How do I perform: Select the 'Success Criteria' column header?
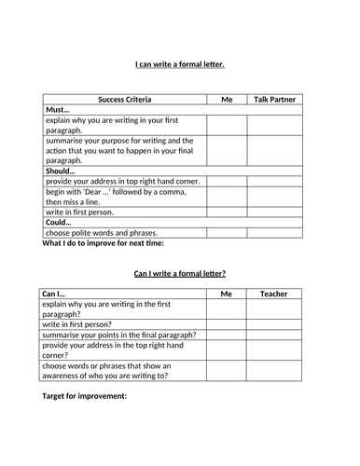(x=124, y=99)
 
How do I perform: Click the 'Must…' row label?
(x=59, y=110)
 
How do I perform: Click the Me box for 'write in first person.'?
(x=226, y=211)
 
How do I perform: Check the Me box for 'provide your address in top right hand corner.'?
(x=226, y=181)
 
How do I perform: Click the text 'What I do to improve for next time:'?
(x=103, y=244)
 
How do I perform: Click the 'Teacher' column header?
(x=274, y=295)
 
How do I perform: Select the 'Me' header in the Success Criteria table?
(x=226, y=99)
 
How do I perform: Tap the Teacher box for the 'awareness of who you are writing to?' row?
(x=274, y=371)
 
